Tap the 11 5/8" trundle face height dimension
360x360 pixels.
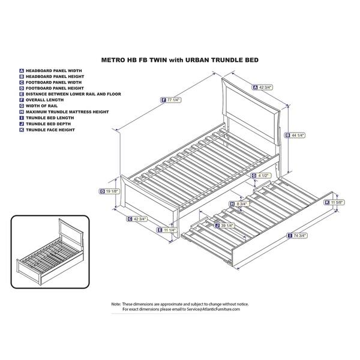pyautogui.click(x=337, y=203)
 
